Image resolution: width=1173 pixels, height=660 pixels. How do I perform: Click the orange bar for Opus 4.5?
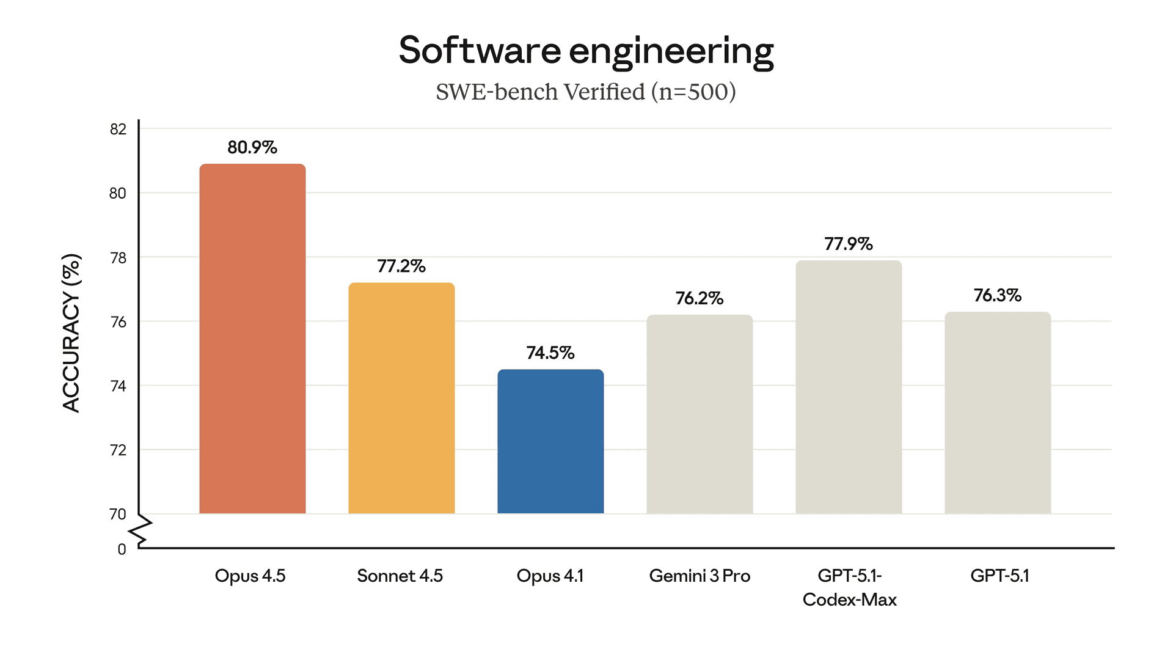[x=252, y=339]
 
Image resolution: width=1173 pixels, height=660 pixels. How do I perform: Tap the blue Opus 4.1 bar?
[x=550, y=441]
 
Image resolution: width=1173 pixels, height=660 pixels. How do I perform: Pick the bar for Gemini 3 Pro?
[x=700, y=414]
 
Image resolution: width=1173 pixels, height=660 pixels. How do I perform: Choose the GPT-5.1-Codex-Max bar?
[x=849, y=387]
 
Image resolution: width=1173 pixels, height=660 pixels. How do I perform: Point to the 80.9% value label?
[x=252, y=147]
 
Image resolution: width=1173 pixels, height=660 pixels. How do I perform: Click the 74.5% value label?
[x=550, y=353]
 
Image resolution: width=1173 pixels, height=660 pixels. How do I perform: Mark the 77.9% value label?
[x=849, y=244]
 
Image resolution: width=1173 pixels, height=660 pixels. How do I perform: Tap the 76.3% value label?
[x=998, y=295]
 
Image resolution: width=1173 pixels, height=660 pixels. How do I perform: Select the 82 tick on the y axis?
[x=118, y=129]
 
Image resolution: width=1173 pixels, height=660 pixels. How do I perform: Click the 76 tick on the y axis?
[x=118, y=322]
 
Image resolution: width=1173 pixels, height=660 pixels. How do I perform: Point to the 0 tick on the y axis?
[x=122, y=549]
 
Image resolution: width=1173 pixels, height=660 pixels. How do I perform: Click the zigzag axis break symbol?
[x=141, y=530]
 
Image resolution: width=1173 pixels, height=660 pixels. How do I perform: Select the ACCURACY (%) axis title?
[x=71, y=333]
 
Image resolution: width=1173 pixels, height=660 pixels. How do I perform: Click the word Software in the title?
[x=479, y=50]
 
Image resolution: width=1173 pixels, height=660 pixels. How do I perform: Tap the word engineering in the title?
[x=671, y=51]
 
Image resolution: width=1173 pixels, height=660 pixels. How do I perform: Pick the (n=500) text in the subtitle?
[x=693, y=92]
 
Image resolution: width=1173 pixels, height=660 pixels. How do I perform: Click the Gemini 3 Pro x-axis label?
[x=700, y=576]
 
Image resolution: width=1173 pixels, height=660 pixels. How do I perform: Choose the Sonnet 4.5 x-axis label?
[x=400, y=576]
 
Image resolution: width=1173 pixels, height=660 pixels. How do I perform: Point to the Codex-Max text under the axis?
[x=849, y=599]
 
